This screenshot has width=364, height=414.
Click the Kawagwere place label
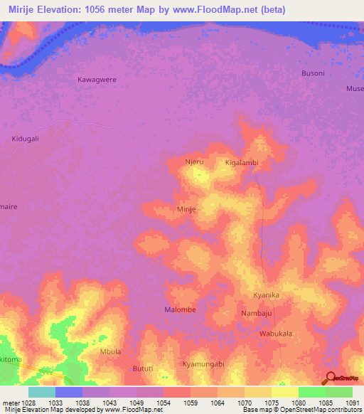tap(97, 80)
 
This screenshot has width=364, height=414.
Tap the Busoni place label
tap(313, 73)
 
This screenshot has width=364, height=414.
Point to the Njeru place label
tap(194, 162)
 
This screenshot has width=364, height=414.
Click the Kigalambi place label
tap(241, 163)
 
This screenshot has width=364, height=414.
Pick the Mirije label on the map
tap(186, 210)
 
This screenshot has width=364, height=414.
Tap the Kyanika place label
tap(267, 295)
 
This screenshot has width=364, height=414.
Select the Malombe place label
tap(180, 310)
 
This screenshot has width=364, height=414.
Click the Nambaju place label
tap(256, 313)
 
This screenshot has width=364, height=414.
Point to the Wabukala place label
tap(276, 333)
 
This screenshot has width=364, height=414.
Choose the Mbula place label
tap(111, 351)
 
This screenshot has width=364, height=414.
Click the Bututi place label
tap(144, 368)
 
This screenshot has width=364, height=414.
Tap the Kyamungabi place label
tap(203, 364)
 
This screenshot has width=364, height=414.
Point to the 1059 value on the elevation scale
tap(190, 402)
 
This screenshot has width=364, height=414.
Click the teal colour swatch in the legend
tap(42, 392)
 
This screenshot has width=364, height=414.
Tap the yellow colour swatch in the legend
tap(285, 392)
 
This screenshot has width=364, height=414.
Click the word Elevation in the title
tap(73, 9)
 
